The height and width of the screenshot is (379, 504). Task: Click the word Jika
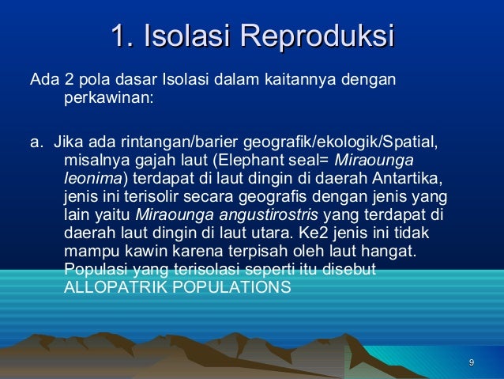[66, 144]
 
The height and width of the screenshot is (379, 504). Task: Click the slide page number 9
[472, 363]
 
